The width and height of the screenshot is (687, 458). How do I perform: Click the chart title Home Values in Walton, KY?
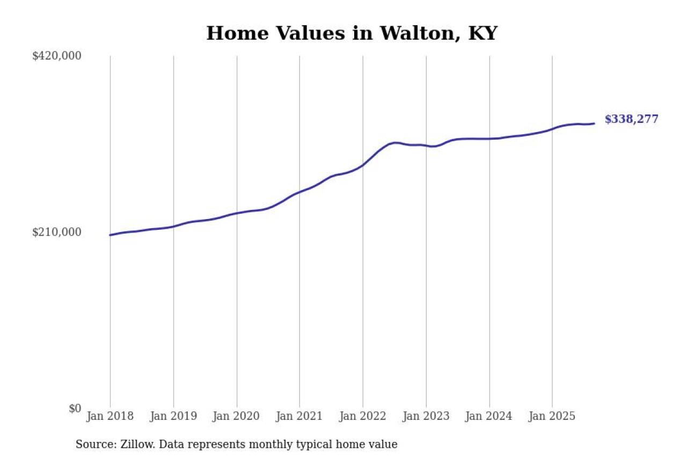point(352,33)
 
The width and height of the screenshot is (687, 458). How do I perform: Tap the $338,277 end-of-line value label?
point(631,119)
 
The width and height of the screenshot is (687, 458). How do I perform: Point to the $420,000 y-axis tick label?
point(57,56)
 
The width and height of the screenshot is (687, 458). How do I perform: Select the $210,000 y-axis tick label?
point(57,232)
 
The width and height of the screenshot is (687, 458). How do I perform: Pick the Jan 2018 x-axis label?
point(110,417)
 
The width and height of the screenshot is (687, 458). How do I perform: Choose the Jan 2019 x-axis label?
point(173,417)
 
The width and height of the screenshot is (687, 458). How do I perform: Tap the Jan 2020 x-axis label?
point(237,417)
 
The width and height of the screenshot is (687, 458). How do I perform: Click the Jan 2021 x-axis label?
point(299,417)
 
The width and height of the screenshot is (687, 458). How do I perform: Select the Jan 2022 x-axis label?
point(363,417)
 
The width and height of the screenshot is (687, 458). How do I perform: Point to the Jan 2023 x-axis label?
point(426,417)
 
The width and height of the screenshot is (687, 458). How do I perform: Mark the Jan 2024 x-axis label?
point(489,417)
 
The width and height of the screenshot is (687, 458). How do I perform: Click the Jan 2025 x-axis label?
point(552,417)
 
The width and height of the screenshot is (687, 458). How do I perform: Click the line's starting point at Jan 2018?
point(110,235)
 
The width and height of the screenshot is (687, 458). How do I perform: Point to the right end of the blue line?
point(594,123)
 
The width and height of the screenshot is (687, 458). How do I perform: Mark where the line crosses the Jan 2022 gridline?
point(363,165)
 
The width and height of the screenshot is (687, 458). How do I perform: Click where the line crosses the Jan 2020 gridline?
point(237,213)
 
